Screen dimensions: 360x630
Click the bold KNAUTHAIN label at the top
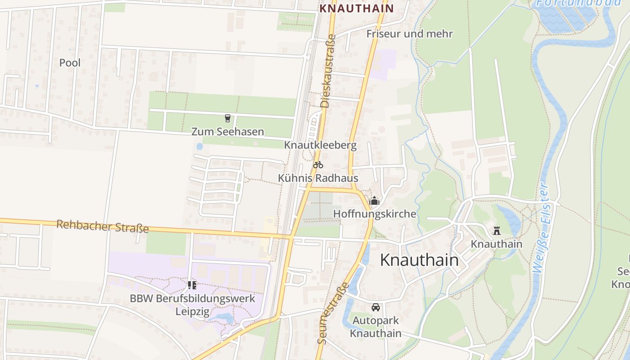pos(356,8)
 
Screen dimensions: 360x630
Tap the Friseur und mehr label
pos(409,34)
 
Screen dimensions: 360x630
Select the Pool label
pos(70,63)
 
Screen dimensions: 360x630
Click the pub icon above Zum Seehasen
pos(228,118)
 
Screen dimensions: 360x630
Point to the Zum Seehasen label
pos(228,132)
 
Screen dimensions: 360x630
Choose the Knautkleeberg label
pos(320,145)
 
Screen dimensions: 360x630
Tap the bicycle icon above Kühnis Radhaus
pos(318,165)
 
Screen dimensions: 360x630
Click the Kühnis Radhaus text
pos(318,178)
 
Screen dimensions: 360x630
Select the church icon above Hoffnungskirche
pos(374,201)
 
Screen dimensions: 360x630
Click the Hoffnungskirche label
pos(374,214)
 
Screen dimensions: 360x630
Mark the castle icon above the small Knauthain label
pos(497,231)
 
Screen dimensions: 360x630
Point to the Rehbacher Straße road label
pos(103,226)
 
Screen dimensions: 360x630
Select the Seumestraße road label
pos(333,313)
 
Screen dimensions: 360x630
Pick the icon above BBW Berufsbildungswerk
pos(192,285)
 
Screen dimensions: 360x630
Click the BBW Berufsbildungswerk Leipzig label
pos(193,305)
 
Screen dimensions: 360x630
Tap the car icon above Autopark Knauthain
pos(376,307)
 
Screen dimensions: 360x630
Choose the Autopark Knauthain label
pos(376,327)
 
